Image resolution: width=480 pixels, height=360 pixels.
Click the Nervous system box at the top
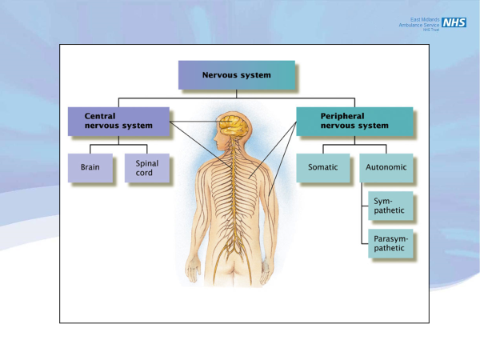coord(237,75)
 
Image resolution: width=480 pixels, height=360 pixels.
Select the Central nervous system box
coord(118,121)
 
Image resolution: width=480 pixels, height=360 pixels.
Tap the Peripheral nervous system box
coord(354,121)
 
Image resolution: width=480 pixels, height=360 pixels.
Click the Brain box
coord(90,168)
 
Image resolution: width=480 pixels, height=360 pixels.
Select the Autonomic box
coord(386,168)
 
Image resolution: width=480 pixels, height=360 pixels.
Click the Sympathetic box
coord(390,206)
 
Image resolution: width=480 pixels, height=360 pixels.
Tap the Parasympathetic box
coord(390,243)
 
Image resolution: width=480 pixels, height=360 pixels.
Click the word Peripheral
coord(342,115)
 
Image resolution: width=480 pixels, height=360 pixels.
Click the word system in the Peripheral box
coord(373,126)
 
